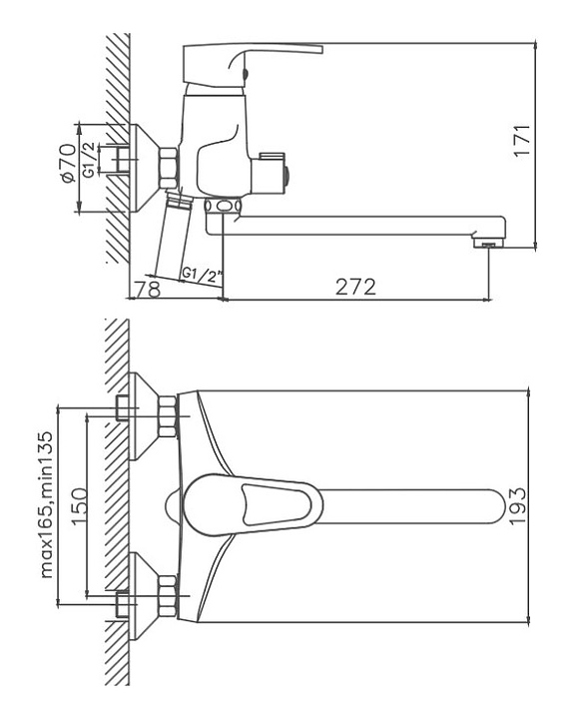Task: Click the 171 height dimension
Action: point(522,141)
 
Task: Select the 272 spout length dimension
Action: point(355,287)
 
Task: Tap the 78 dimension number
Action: point(148,289)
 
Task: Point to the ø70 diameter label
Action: point(67,164)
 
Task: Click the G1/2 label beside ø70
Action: point(90,160)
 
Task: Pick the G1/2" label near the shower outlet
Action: point(202,275)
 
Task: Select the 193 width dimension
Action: point(516,506)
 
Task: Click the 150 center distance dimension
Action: point(79,506)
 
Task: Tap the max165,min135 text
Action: point(47,504)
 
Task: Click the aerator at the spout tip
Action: point(488,243)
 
